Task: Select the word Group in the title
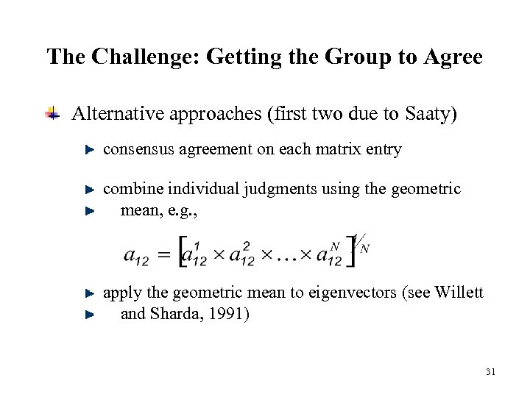pos(358,57)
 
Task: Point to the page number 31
pos(491,373)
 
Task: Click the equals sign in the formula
pos(166,255)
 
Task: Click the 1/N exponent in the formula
pos(360,243)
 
